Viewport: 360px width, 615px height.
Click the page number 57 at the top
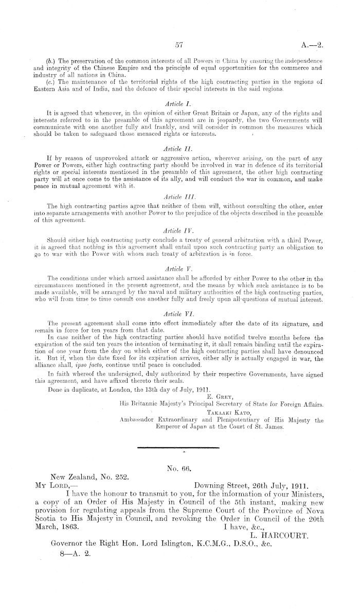click(179, 45)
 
